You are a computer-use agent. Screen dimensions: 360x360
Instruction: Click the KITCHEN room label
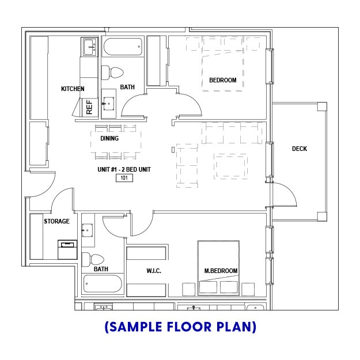pos(73,89)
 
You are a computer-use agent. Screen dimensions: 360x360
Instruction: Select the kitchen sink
pos(89,47)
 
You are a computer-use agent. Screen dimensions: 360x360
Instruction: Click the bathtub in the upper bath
pos(123,47)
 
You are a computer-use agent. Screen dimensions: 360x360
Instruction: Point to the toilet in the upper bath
pos(112,73)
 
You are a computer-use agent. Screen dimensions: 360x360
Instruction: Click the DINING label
pos(109,138)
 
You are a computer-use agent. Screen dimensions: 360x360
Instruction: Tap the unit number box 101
pos(124,178)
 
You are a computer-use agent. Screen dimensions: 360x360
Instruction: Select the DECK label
pos(300,149)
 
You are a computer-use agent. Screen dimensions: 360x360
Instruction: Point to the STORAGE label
pos(56,221)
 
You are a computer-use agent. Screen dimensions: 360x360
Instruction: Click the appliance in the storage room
pos(67,250)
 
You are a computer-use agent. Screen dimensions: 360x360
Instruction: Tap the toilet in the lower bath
pos(93,259)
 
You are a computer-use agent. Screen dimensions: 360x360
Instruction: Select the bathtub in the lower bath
pos(103,283)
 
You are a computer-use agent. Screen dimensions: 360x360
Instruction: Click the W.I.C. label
pos(154,271)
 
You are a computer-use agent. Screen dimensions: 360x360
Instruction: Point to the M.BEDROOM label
pos(221,271)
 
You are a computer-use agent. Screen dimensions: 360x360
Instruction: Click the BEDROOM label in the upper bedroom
pos(223,80)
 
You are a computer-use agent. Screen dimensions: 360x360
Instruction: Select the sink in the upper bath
pos(109,104)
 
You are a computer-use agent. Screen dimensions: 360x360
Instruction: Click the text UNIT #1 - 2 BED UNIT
pos(124,169)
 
